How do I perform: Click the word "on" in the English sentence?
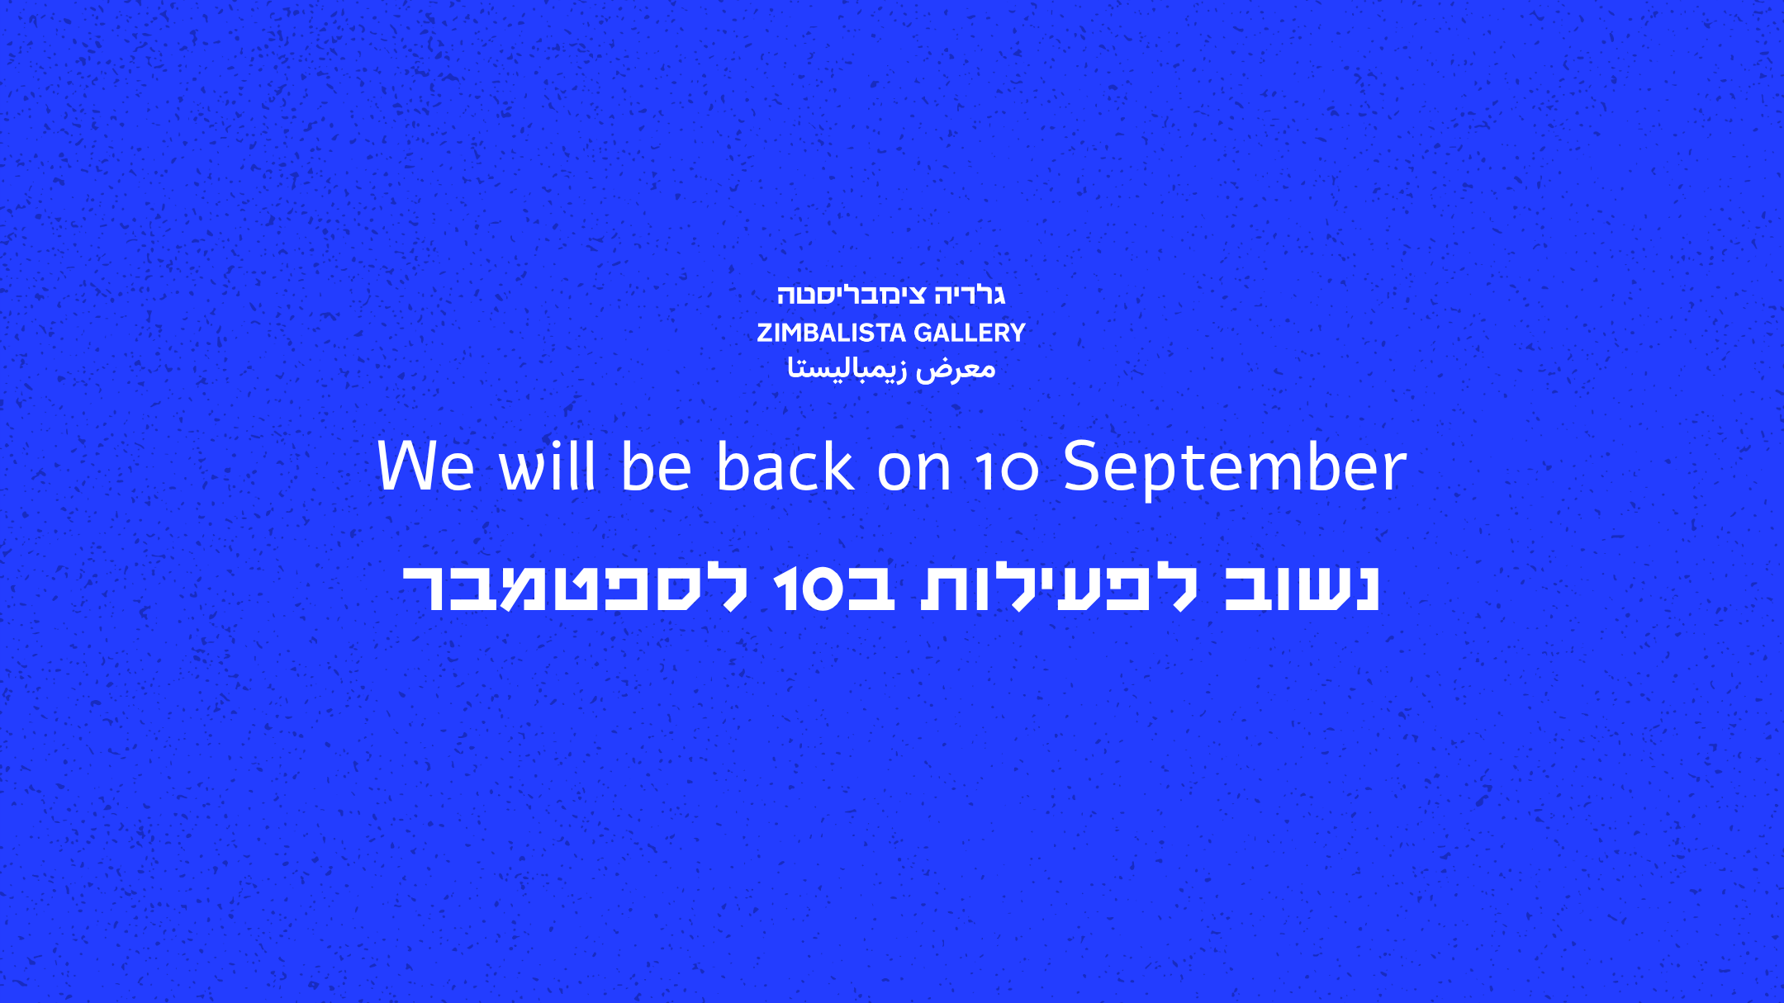(x=914, y=473)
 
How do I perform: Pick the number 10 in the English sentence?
(x=1007, y=471)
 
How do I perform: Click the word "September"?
(x=1235, y=468)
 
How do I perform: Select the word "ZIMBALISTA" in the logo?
(x=832, y=333)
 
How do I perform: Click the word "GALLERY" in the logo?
(x=970, y=333)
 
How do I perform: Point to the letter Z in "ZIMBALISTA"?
(x=765, y=333)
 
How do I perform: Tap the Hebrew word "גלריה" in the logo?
(x=970, y=295)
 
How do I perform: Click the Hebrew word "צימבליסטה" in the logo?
(x=852, y=295)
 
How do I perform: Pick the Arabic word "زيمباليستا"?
(x=847, y=368)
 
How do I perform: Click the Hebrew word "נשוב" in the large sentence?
(x=1302, y=588)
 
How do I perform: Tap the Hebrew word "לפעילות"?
(x=1060, y=588)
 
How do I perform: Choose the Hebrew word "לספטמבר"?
(x=575, y=588)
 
